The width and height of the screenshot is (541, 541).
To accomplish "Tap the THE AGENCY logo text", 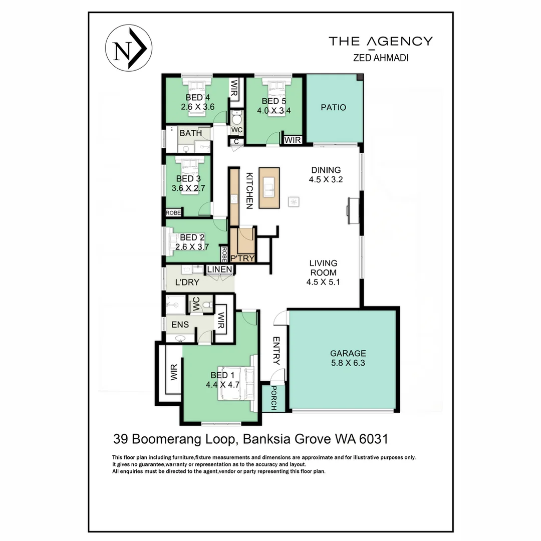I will click(x=380, y=41).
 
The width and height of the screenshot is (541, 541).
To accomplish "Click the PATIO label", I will click(x=334, y=107).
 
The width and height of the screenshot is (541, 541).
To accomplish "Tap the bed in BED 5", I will click(x=273, y=96).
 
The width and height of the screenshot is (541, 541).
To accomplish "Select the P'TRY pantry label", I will click(x=242, y=258).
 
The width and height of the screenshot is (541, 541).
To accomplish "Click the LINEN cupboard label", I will click(x=220, y=270).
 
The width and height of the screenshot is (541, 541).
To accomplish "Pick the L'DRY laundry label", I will click(x=187, y=283).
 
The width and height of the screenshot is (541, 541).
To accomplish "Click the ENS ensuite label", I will click(x=180, y=325).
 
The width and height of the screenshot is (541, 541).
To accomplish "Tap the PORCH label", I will click(x=274, y=398).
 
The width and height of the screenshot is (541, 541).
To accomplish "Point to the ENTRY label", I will click(x=276, y=351).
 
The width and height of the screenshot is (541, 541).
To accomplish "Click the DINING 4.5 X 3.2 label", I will click(x=326, y=175).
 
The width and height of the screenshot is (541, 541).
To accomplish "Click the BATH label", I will click(x=191, y=134).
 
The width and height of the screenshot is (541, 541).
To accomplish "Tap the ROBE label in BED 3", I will click(x=173, y=213).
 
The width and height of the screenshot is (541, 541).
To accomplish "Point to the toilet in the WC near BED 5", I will click(x=237, y=119).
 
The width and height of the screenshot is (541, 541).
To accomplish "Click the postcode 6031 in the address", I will click(x=373, y=439).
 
